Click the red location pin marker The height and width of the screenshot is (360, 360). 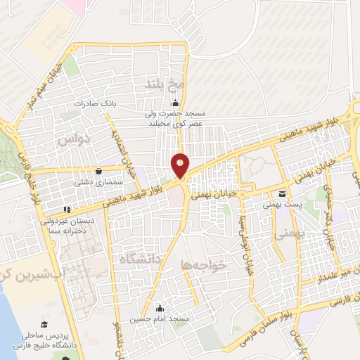click(181, 165)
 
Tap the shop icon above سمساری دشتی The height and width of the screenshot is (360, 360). click(97, 170)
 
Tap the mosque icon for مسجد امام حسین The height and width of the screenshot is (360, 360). click(160, 307)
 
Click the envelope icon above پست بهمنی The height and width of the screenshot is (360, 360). click(281, 194)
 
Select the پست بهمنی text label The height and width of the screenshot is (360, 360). click(277, 205)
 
